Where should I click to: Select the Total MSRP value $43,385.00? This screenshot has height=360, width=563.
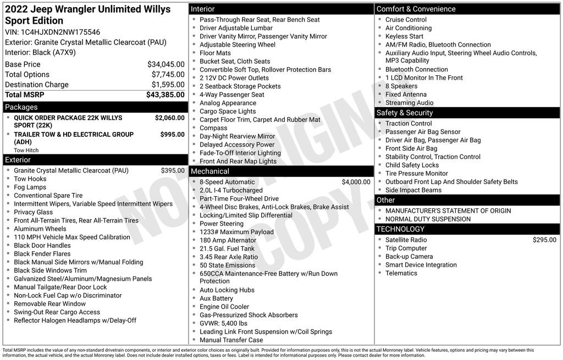pos(165,95)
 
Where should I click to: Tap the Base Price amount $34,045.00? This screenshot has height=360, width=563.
pos(165,64)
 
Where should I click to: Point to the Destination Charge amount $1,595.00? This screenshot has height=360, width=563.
pos(168,85)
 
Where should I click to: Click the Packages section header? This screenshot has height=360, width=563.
pos(21,107)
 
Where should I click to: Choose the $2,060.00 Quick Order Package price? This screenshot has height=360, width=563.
pos(169,118)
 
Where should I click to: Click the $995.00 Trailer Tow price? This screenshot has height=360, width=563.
pos(172,134)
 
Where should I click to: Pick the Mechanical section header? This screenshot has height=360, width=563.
pos(209,171)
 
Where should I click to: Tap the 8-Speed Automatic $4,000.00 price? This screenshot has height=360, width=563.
pos(356,182)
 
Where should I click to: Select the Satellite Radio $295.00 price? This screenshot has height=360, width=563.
pos(544,240)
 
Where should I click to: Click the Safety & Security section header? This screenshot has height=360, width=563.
pos(404,113)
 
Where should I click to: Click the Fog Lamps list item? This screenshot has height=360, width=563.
pos(30,187)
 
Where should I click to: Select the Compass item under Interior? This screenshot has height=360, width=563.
pos(213,128)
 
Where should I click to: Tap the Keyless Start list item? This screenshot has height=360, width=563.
pos(404,36)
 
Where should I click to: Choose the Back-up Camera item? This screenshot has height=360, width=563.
pos(409,256)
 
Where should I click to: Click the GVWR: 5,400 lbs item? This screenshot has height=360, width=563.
pos(223,323)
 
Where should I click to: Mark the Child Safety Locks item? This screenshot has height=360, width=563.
pos(412,165)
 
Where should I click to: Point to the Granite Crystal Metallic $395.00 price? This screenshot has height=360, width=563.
pos(173,170)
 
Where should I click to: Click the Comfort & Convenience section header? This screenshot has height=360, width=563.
pos(416,9)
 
